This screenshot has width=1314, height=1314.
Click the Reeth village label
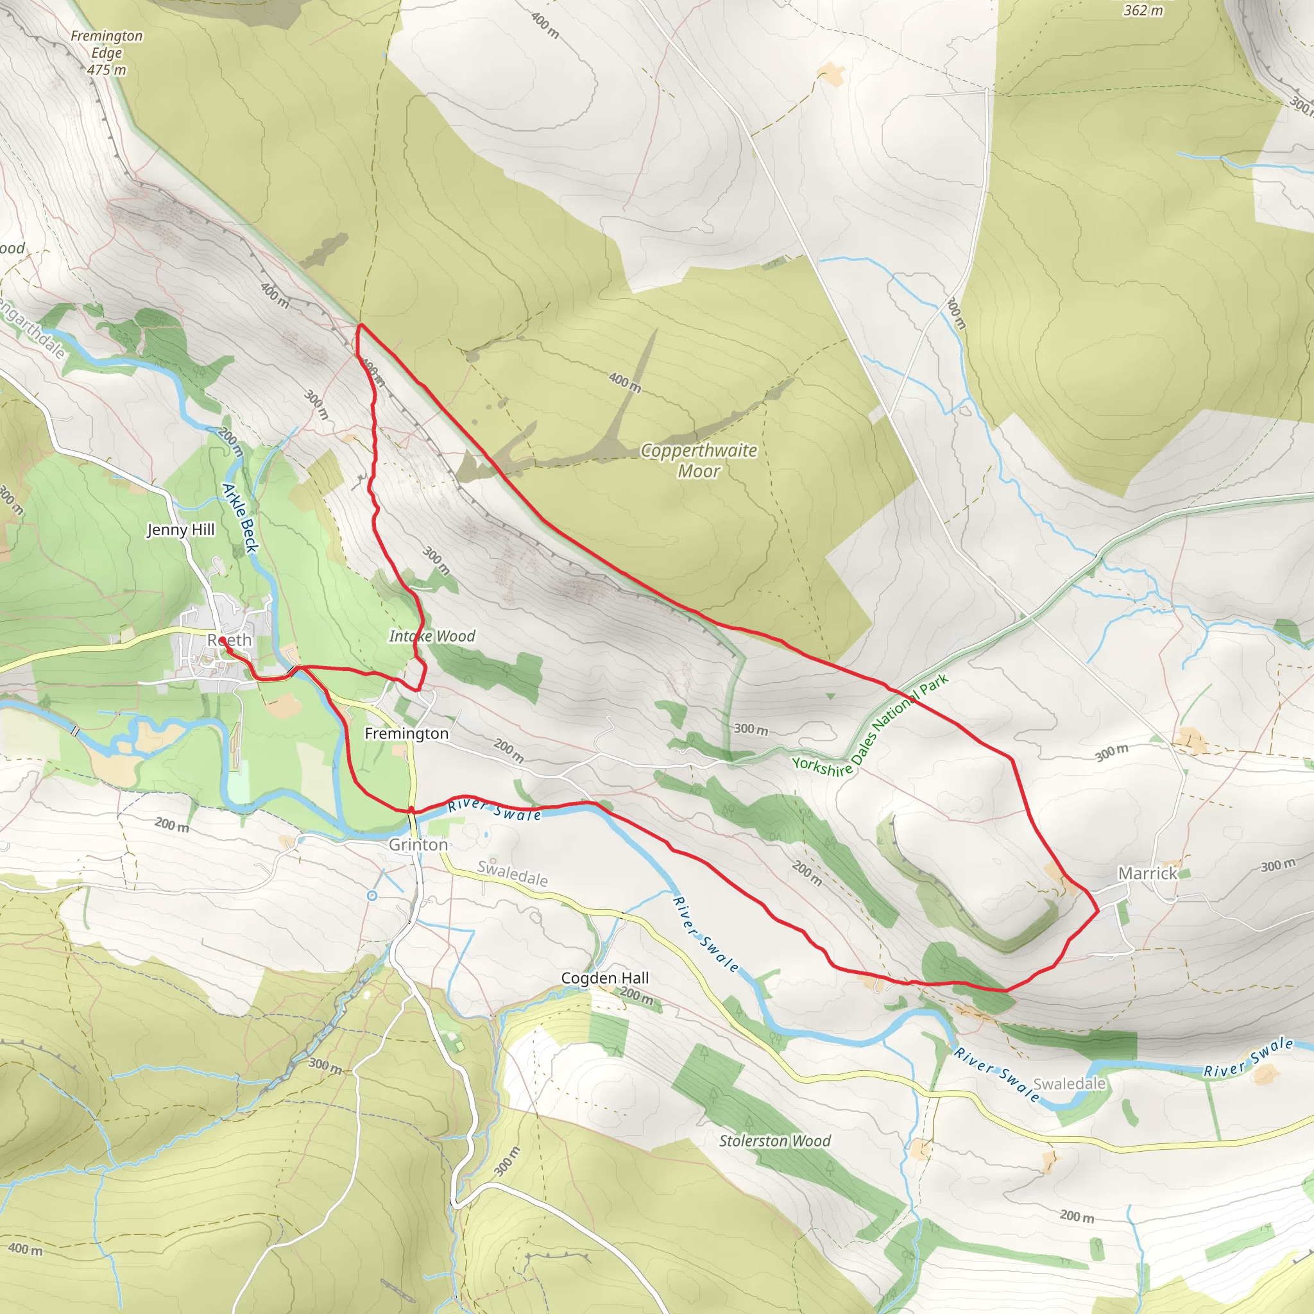[x=230, y=640]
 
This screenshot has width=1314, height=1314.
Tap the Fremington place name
[x=406, y=733]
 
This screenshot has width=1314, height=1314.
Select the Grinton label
[x=418, y=844]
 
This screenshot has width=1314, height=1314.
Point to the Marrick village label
[x=1147, y=873]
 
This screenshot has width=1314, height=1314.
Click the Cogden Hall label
[x=604, y=977]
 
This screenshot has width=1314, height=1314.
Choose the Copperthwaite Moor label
[x=699, y=461]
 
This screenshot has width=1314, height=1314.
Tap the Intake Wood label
[x=432, y=636]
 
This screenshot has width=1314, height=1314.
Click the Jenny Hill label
[x=181, y=530]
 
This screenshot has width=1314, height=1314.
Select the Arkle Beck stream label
[x=241, y=518]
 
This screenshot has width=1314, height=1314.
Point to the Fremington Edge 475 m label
[x=107, y=53]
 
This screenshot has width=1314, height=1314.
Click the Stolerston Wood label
[x=774, y=1141]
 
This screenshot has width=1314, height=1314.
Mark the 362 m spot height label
[x=1143, y=10]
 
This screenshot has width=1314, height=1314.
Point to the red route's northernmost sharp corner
[x=359, y=326]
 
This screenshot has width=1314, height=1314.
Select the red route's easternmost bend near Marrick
[x=1098, y=910]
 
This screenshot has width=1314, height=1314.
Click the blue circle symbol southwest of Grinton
[x=372, y=896]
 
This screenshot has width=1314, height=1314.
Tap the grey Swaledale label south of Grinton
[x=512, y=873]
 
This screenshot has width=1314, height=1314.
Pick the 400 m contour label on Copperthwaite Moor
[x=624, y=382]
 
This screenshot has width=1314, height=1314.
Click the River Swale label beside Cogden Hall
[x=704, y=934]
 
